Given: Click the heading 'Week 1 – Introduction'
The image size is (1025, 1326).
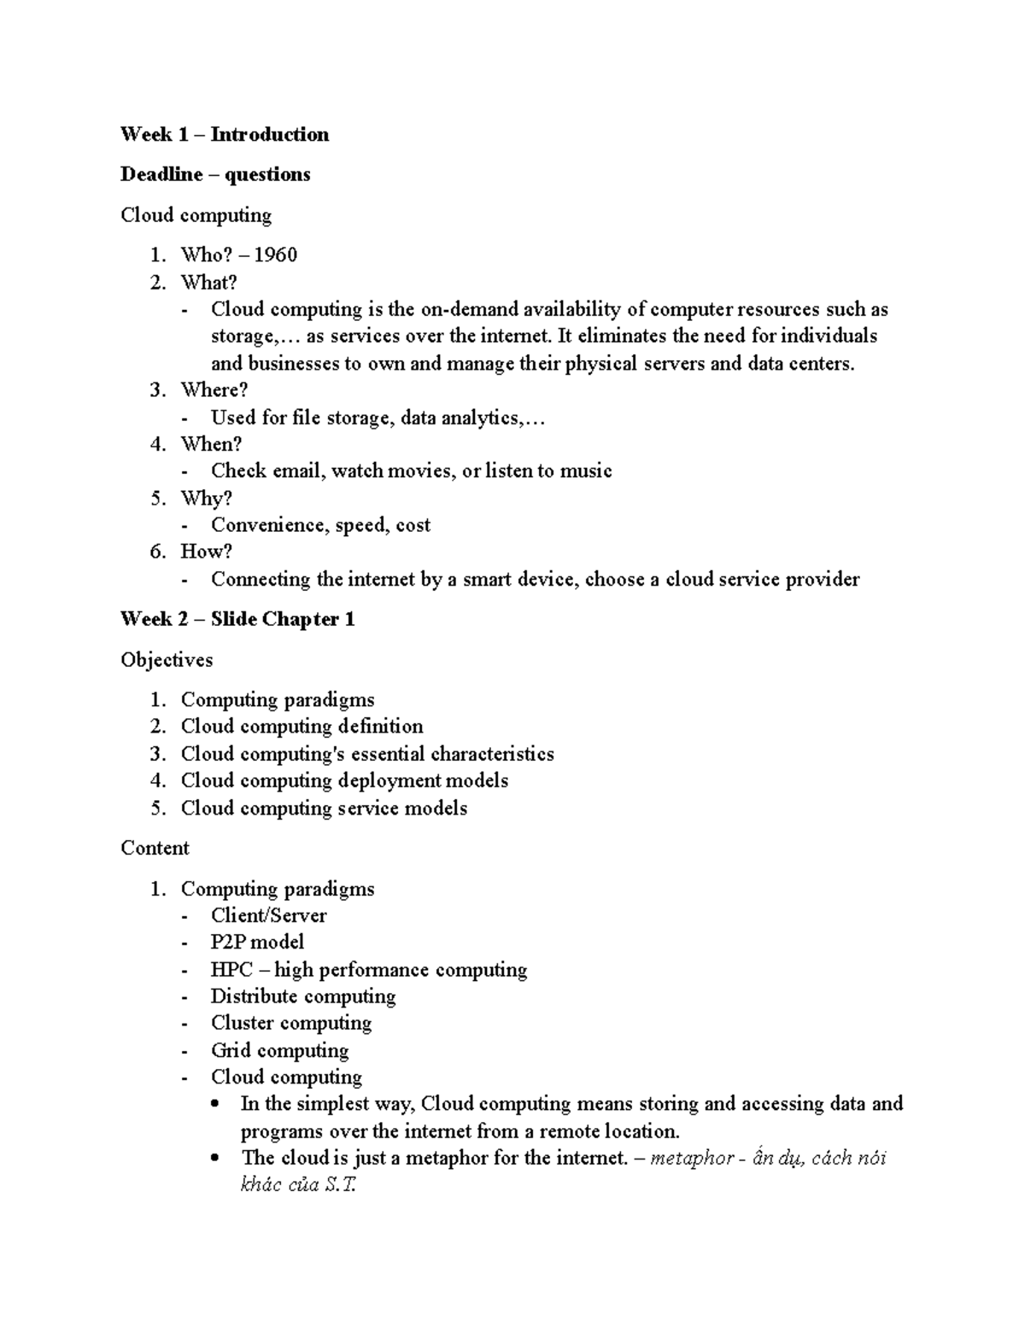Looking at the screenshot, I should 224,134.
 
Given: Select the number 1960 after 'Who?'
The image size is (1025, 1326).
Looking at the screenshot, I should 275,254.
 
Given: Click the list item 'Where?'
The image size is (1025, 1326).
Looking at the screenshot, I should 214,390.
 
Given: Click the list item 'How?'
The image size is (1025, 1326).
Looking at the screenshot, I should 206,552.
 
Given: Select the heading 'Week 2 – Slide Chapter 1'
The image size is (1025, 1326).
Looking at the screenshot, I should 237,619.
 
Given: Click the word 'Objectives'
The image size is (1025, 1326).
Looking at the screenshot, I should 167,659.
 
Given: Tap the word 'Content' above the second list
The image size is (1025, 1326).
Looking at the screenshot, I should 155,848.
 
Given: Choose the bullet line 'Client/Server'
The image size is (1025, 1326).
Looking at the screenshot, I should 268,915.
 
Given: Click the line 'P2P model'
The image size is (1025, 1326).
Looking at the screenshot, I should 257,942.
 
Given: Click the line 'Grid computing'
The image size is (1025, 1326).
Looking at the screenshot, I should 279,1050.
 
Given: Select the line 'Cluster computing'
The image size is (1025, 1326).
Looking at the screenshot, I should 290,1023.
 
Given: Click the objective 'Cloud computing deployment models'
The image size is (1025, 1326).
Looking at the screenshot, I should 344,780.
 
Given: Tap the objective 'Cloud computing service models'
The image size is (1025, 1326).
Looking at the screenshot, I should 324,808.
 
